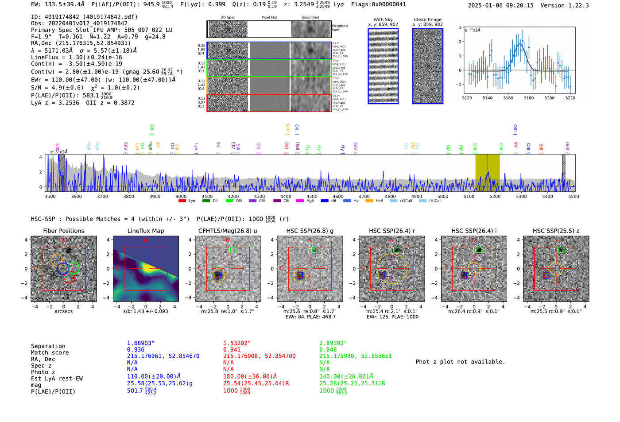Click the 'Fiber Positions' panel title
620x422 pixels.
coord(63,231)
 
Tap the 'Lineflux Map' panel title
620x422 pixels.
coord(145,231)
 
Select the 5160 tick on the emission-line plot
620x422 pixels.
coord(508,98)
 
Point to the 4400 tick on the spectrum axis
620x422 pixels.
coord(286,196)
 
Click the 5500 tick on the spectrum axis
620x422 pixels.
coord(573,196)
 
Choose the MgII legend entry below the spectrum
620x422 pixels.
coord(306,201)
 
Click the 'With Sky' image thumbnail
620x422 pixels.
coord(383,66)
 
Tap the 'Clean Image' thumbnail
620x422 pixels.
coord(427,66)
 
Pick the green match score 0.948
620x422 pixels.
coord(328,349)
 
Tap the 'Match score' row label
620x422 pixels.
coord(50,352)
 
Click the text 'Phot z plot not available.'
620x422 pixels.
coord(460,362)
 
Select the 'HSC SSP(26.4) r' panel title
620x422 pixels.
coord(392,231)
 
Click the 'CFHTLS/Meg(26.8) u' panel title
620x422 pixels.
coord(228,231)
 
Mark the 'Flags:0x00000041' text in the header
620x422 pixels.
coord(379,4)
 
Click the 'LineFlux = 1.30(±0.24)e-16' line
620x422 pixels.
coord(77,57)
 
